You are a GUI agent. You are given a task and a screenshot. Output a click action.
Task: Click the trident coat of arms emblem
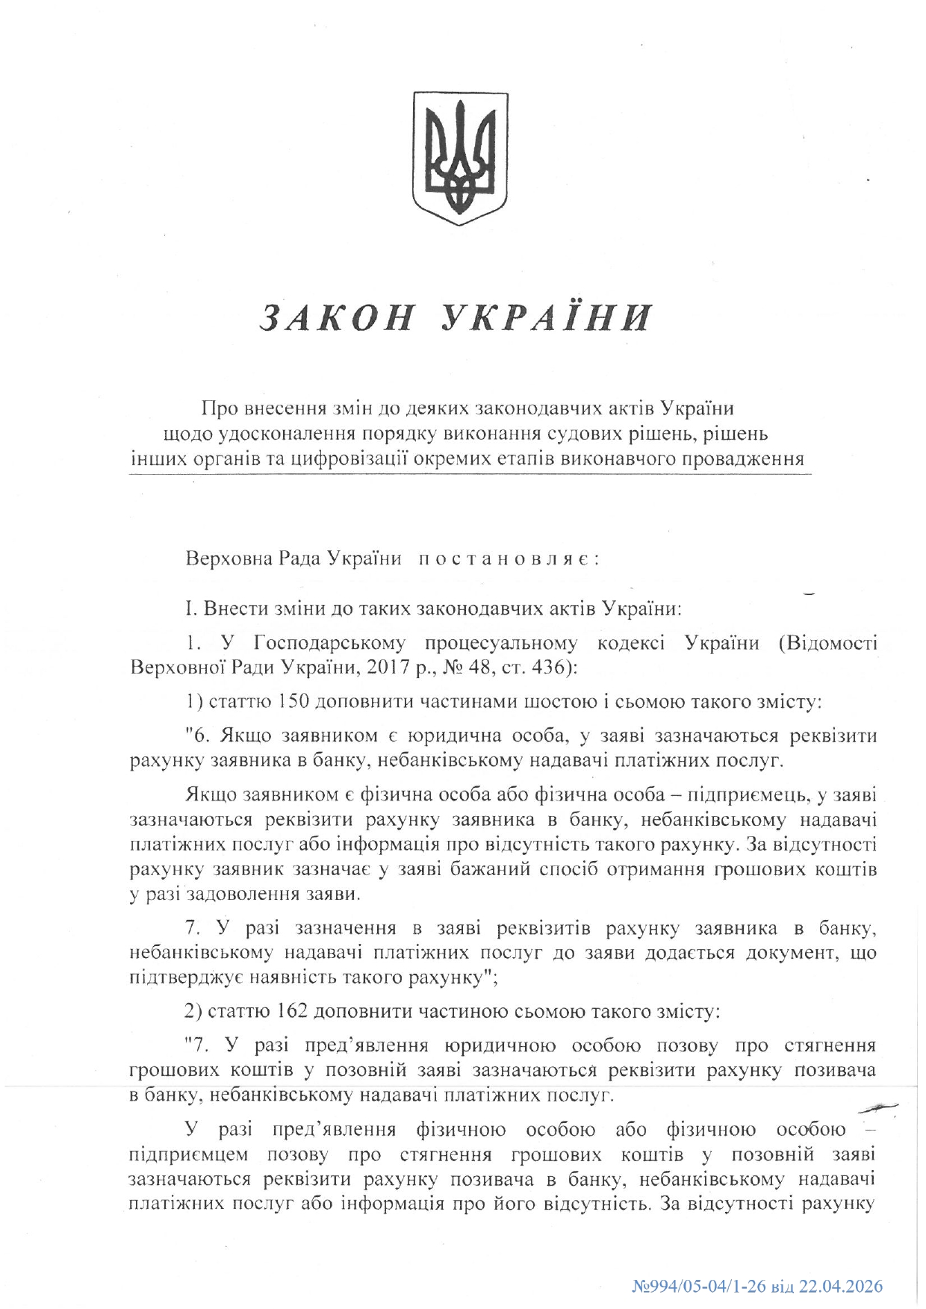pos(461,158)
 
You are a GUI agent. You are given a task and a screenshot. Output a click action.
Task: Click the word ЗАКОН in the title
pos(336,317)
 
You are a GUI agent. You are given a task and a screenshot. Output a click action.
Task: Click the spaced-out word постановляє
pos(508,558)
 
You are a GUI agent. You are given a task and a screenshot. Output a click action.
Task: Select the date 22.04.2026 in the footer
pos(841,1286)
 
